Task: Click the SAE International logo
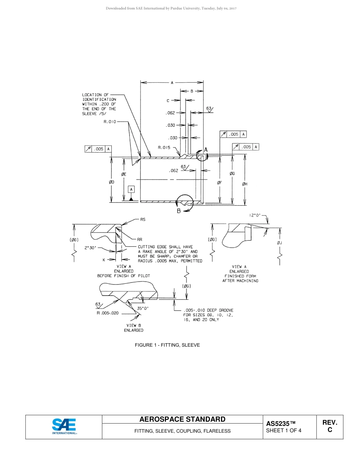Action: click(x=64, y=426)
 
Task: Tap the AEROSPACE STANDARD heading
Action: click(x=182, y=419)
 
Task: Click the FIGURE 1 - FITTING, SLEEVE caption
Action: click(x=167, y=345)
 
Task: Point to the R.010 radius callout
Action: click(x=110, y=122)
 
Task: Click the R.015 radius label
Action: click(x=164, y=147)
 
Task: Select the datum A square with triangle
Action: click(x=131, y=189)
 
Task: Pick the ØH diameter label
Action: click(x=244, y=184)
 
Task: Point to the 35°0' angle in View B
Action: click(x=143, y=308)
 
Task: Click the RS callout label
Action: click(x=143, y=219)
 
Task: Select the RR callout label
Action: click(x=139, y=239)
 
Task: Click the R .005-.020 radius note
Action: click(x=108, y=313)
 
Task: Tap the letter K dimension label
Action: click(x=104, y=260)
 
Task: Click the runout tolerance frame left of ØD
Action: click(x=98, y=149)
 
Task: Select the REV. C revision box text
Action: click(x=330, y=426)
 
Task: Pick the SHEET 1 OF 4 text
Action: click(x=284, y=431)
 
